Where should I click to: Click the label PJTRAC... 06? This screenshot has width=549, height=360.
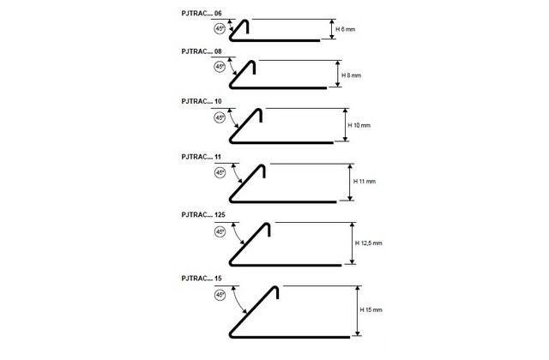point(202,14)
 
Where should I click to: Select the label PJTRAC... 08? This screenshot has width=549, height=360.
point(202,51)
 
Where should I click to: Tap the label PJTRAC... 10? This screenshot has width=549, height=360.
point(202,101)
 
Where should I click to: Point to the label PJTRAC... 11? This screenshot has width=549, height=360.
point(202,157)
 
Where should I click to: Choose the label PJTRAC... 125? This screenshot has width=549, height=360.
point(203,214)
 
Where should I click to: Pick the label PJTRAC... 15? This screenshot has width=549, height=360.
point(202,278)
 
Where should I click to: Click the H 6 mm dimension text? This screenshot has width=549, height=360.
point(345,29)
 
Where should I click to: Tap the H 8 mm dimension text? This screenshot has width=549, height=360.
point(351,75)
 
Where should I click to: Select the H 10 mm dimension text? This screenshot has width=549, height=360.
point(359,125)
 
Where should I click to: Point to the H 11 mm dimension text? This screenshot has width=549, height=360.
point(365,181)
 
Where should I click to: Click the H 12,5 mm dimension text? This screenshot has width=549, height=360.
point(368,243)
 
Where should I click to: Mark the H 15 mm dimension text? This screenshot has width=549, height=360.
point(371,309)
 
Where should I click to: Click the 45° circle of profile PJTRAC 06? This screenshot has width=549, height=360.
point(220,28)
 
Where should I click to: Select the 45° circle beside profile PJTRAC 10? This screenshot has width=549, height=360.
point(220,117)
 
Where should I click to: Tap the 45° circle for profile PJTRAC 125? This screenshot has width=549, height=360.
point(220,231)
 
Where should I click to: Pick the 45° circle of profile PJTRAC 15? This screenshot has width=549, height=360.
point(220,295)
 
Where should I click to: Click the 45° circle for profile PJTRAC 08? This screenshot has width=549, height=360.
point(220,67)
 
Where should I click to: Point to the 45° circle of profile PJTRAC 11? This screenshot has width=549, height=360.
point(220,172)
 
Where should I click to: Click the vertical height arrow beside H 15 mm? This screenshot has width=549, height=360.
point(358,310)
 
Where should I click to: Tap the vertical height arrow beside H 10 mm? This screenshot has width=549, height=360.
point(345,125)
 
